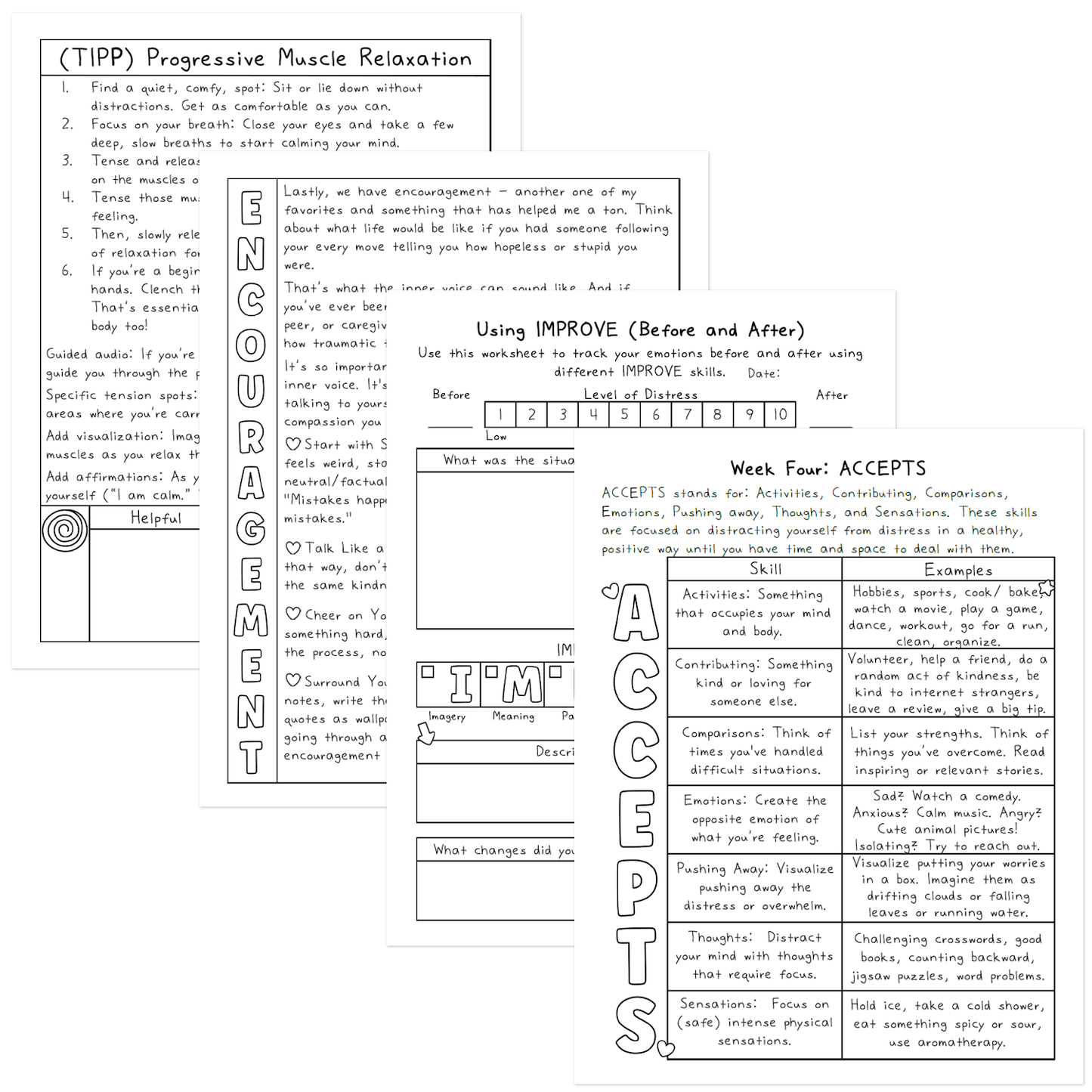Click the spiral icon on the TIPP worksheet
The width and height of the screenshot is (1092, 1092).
(x=65, y=529)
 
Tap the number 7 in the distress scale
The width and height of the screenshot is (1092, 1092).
(x=687, y=414)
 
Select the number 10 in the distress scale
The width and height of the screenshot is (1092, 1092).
(x=780, y=414)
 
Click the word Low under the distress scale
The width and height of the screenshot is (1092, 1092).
(x=496, y=436)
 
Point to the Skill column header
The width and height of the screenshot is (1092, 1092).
(x=766, y=569)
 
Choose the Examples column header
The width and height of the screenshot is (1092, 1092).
(x=958, y=571)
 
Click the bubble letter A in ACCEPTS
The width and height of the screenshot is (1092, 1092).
(x=636, y=614)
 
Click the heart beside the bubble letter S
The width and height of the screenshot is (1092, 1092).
(x=666, y=1048)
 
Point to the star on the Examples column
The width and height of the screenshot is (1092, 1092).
(x=1047, y=588)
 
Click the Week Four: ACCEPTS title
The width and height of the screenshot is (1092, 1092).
(x=828, y=469)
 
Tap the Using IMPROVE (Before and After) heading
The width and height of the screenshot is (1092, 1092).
(x=640, y=330)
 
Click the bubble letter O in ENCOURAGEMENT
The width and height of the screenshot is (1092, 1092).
(x=251, y=345)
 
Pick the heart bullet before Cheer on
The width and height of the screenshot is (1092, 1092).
(x=293, y=614)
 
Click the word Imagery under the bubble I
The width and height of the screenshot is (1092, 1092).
(x=447, y=716)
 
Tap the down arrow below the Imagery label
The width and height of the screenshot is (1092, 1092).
(x=426, y=733)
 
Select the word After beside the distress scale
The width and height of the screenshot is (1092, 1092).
(x=831, y=395)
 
